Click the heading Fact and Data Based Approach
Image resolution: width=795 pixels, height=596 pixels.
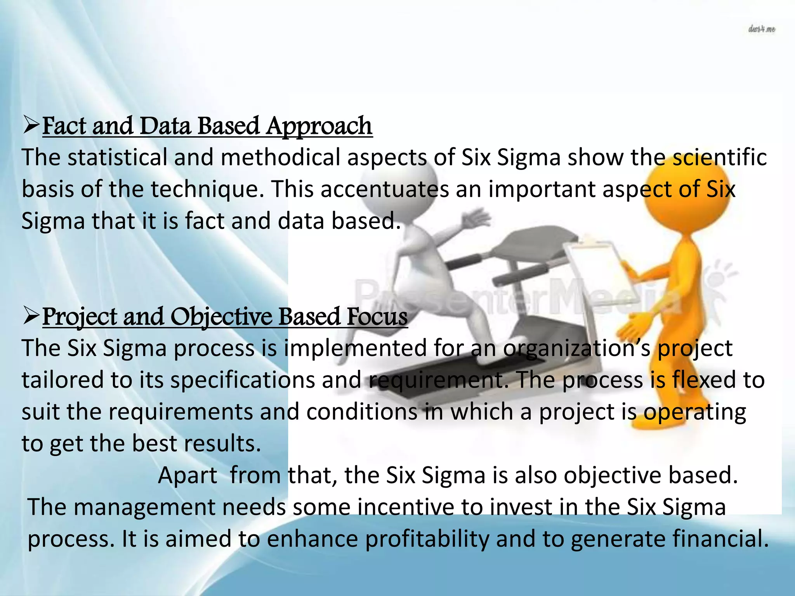tap(207, 126)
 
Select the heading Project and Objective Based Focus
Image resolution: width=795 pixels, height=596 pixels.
tap(225, 317)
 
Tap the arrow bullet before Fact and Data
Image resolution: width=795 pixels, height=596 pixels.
tap(31, 126)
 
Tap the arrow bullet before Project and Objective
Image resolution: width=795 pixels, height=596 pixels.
tap(31, 316)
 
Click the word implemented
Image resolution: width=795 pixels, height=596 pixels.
tap(355, 348)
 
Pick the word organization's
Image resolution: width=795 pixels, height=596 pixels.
tap(577, 348)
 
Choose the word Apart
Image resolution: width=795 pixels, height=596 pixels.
tap(187, 475)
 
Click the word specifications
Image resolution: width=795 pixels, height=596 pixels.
tap(242, 380)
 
